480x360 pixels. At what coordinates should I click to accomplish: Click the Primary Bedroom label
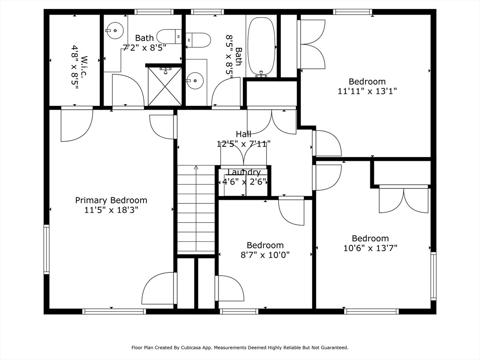pos(111,200)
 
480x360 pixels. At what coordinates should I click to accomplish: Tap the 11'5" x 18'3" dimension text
pos(112,210)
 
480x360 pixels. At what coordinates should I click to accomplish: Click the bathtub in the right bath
pos(262,47)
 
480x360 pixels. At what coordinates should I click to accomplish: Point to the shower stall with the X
pos(165,87)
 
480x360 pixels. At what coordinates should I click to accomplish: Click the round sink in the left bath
pos(115,30)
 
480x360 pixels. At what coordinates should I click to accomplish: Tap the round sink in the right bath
pos(195,81)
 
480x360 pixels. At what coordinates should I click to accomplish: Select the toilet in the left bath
pos(169,37)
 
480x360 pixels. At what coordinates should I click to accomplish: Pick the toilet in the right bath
pos(198,40)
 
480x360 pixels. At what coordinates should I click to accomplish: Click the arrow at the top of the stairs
pos(196,167)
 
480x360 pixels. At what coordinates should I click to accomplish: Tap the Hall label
pos(244,134)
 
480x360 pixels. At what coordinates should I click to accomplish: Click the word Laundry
pos(244,172)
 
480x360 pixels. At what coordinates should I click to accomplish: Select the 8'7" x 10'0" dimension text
pos(265,255)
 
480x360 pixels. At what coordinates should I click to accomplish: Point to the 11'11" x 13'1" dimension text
pos(367,91)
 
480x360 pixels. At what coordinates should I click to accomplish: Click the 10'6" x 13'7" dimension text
pos(370,248)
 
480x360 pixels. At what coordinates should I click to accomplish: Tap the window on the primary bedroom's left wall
pos(46,249)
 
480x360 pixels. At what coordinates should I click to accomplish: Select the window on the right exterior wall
pos(434,276)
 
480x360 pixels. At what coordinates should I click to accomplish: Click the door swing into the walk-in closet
pos(77,124)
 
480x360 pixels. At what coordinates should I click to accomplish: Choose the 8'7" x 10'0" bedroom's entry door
pos(291,211)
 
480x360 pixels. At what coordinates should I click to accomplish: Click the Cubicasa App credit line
pos(240,347)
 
